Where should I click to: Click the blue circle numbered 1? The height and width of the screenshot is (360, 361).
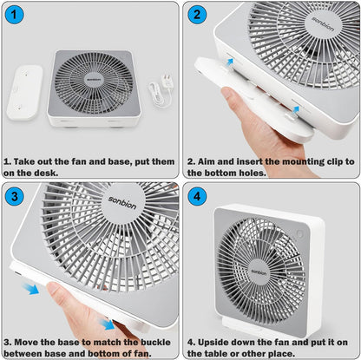pos(14,15)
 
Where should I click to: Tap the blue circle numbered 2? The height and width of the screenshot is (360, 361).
pos(197,15)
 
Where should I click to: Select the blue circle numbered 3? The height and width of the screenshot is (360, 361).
pos(15,196)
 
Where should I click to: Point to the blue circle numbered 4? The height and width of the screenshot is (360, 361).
pos(197,196)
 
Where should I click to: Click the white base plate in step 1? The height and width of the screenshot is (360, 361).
pos(25,92)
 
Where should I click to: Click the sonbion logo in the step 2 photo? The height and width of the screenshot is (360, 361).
pos(323,23)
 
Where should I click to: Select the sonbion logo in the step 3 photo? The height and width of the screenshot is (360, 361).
pos(122,202)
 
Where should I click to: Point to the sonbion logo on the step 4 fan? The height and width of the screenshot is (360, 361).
pos(259,272)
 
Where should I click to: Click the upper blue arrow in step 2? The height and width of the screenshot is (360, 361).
pos(230,62)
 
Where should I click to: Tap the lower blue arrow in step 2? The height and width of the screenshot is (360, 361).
pos(296,110)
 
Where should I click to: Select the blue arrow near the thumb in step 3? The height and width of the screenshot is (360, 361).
pos(30,289)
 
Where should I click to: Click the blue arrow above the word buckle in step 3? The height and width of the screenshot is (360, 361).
pos(107,324)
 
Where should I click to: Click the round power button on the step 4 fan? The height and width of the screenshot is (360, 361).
pos(299,233)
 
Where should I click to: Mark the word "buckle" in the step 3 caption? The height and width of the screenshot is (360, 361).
pos(155,342)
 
